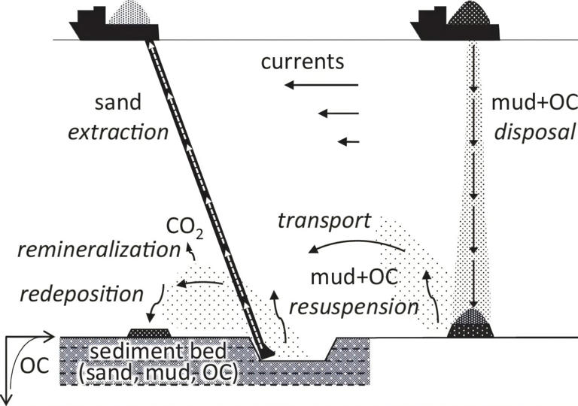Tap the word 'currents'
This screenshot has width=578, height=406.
tap(303, 62)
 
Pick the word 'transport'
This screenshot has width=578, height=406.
tap(324, 221)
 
